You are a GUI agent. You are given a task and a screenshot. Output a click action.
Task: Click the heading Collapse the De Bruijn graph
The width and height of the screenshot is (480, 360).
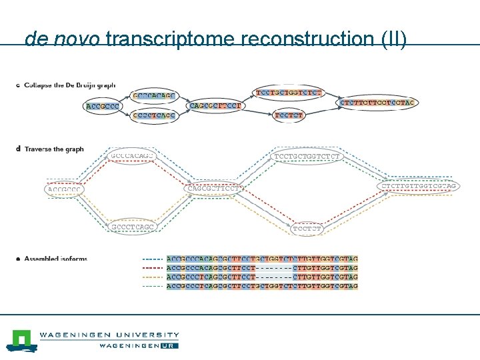(x=69, y=85)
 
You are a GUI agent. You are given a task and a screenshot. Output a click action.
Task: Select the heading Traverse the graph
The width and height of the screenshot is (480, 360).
(x=54, y=149)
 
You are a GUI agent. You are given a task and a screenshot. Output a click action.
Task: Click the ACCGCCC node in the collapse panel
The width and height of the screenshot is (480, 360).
(x=103, y=106)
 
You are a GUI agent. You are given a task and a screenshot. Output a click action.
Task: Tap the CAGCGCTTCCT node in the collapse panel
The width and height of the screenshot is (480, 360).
(x=217, y=106)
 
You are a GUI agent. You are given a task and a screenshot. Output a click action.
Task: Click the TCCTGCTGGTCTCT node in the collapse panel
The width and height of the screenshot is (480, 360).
(x=289, y=91)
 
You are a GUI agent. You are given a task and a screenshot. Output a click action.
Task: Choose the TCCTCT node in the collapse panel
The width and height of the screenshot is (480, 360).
(x=289, y=115)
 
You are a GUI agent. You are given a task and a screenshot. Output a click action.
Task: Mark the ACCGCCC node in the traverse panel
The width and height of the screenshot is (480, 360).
(x=65, y=189)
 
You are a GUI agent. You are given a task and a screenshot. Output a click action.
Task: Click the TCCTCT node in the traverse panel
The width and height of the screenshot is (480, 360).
(x=307, y=229)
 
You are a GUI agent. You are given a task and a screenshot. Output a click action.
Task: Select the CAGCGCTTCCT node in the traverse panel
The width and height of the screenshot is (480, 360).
(x=213, y=187)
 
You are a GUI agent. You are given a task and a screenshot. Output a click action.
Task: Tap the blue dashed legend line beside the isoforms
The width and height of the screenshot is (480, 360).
(x=153, y=259)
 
